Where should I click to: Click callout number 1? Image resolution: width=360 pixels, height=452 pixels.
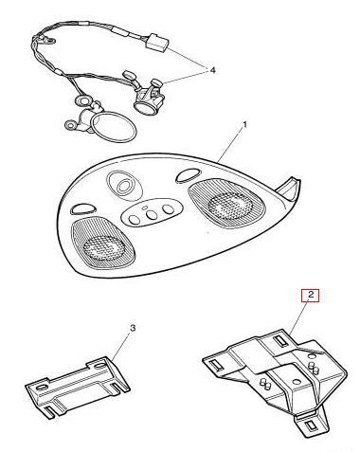click(x=244, y=125)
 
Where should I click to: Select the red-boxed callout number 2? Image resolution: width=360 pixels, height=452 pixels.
click(x=311, y=296)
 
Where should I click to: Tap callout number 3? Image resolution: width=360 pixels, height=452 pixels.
click(x=133, y=328)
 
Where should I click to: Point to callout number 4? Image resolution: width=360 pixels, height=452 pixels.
click(x=213, y=70)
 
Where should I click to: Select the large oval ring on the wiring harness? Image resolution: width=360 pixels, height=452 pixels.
click(x=113, y=127)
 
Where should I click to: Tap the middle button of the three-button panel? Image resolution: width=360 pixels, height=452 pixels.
click(x=152, y=214)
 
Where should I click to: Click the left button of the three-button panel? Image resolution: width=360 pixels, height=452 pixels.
click(x=135, y=219)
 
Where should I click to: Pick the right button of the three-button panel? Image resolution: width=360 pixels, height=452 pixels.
click(x=168, y=209)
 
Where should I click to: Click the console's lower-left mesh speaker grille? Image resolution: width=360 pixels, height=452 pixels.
click(x=102, y=243)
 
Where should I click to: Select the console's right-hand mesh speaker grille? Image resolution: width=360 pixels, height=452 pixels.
click(x=226, y=202)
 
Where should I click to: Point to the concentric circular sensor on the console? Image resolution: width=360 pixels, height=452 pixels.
click(x=124, y=186)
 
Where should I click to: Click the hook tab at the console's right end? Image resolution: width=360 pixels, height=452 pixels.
click(x=289, y=190)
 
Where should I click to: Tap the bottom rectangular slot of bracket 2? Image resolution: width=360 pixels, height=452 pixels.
click(x=313, y=425)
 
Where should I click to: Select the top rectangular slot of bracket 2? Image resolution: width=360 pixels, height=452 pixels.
click(x=280, y=340)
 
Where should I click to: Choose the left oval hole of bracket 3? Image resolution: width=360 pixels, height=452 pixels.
click(x=42, y=388)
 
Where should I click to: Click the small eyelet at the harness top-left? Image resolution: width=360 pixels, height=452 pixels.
click(x=49, y=40)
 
